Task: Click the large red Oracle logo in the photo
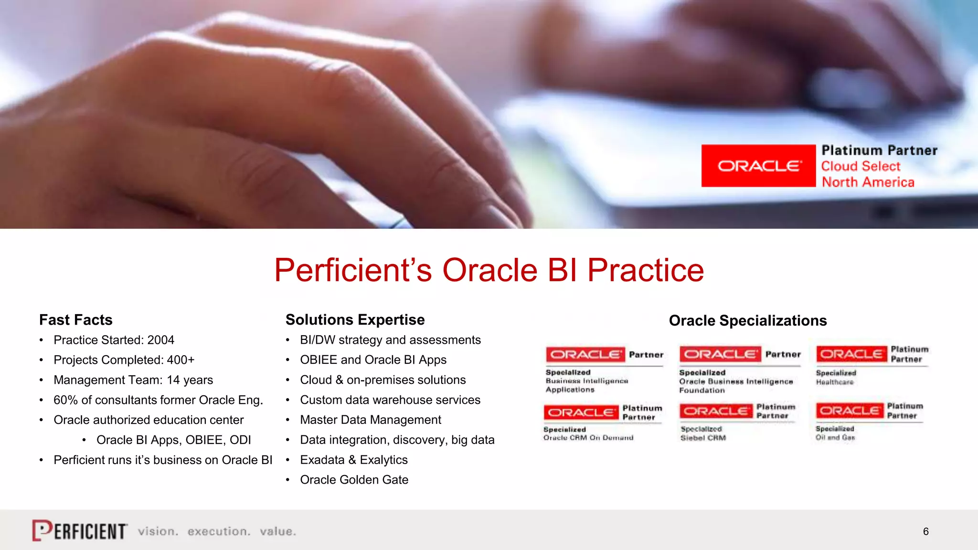point(758,166)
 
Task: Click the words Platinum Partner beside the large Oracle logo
point(879,150)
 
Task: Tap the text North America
point(868,182)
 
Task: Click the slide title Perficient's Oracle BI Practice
point(489,270)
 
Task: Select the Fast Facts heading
point(76,320)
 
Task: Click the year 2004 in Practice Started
point(160,340)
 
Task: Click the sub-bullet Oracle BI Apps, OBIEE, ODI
point(173,440)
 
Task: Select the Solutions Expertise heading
point(355,320)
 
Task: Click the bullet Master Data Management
point(370,420)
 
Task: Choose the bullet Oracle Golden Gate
point(354,480)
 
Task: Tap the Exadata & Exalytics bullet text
point(353,460)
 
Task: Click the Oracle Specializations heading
point(747,321)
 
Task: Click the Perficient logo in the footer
point(80,530)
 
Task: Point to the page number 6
point(925,532)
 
